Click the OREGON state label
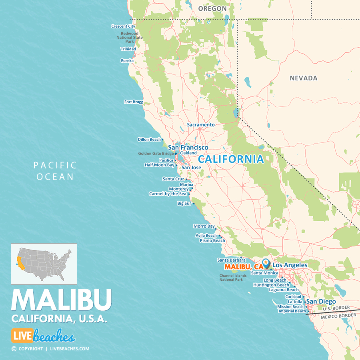(x=212, y=8)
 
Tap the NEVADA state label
(x=304, y=78)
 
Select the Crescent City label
(x=123, y=26)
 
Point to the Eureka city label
(x=127, y=61)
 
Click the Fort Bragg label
(x=134, y=102)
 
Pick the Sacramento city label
(x=201, y=125)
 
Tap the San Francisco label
(x=188, y=148)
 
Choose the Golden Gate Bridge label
(x=156, y=153)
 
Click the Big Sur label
(x=184, y=204)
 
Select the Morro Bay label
(x=204, y=226)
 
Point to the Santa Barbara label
(x=231, y=260)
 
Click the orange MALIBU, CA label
(x=244, y=266)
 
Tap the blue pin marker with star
(x=266, y=264)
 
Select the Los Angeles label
(x=290, y=265)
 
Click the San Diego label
(x=321, y=302)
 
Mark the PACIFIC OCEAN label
(x=55, y=171)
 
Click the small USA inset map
(x=44, y=264)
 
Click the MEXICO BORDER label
(x=338, y=316)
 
